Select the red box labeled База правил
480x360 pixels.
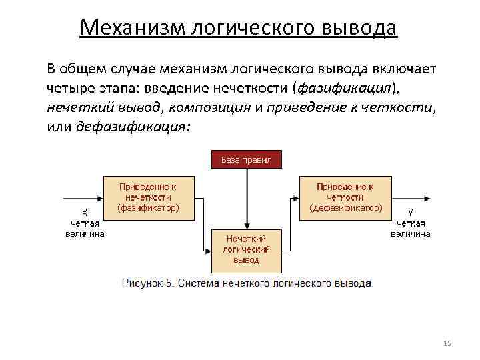[x=247, y=160]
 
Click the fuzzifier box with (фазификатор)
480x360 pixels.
[x=148, y=197]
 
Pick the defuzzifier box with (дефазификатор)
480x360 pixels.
[x=345, y=197]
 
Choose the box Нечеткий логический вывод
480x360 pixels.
[x=246, y=250]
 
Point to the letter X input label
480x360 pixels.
[x=84, y=213]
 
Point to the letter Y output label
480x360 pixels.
[x=410, y=213]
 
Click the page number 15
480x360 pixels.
[x=447, y=343]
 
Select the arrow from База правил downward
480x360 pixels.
[x=247, y=197]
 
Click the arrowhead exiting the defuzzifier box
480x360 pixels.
[x=427, y=197]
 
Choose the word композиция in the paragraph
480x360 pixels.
[x=215, y=107]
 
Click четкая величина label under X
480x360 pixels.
[x=84, y=228]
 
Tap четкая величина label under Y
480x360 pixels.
[x=410, y=228]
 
